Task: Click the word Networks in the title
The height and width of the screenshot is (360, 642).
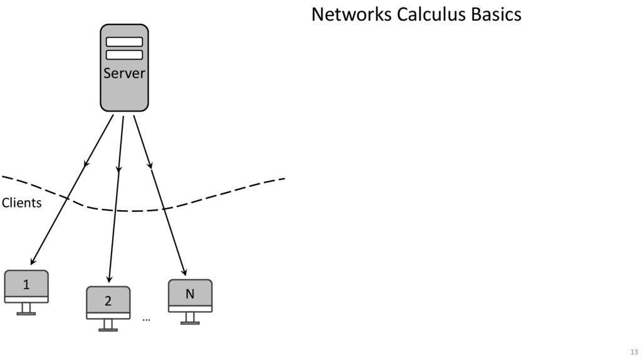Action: pos(352,14)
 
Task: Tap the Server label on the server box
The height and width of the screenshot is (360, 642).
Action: pos(124,73)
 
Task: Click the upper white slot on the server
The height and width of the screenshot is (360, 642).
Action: pos(124,42)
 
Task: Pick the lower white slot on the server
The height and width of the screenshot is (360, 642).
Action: pos(124,55)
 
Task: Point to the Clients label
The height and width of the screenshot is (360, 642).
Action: pos(21,203)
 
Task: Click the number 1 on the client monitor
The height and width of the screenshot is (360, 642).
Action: pos(26,285)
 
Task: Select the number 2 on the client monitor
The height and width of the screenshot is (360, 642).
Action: pos(108,301)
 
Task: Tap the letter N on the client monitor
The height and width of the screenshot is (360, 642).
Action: pos(190,294)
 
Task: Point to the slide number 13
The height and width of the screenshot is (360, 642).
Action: pos(634,352)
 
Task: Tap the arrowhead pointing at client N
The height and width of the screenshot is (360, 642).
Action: pos(184,272)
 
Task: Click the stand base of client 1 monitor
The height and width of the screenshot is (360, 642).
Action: pos(26,313)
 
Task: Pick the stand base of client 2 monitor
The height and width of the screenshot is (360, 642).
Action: pos(108,329)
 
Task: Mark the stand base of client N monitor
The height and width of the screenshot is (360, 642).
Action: pos(190,322)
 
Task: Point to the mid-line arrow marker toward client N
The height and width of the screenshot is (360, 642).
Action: pos(150,166)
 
